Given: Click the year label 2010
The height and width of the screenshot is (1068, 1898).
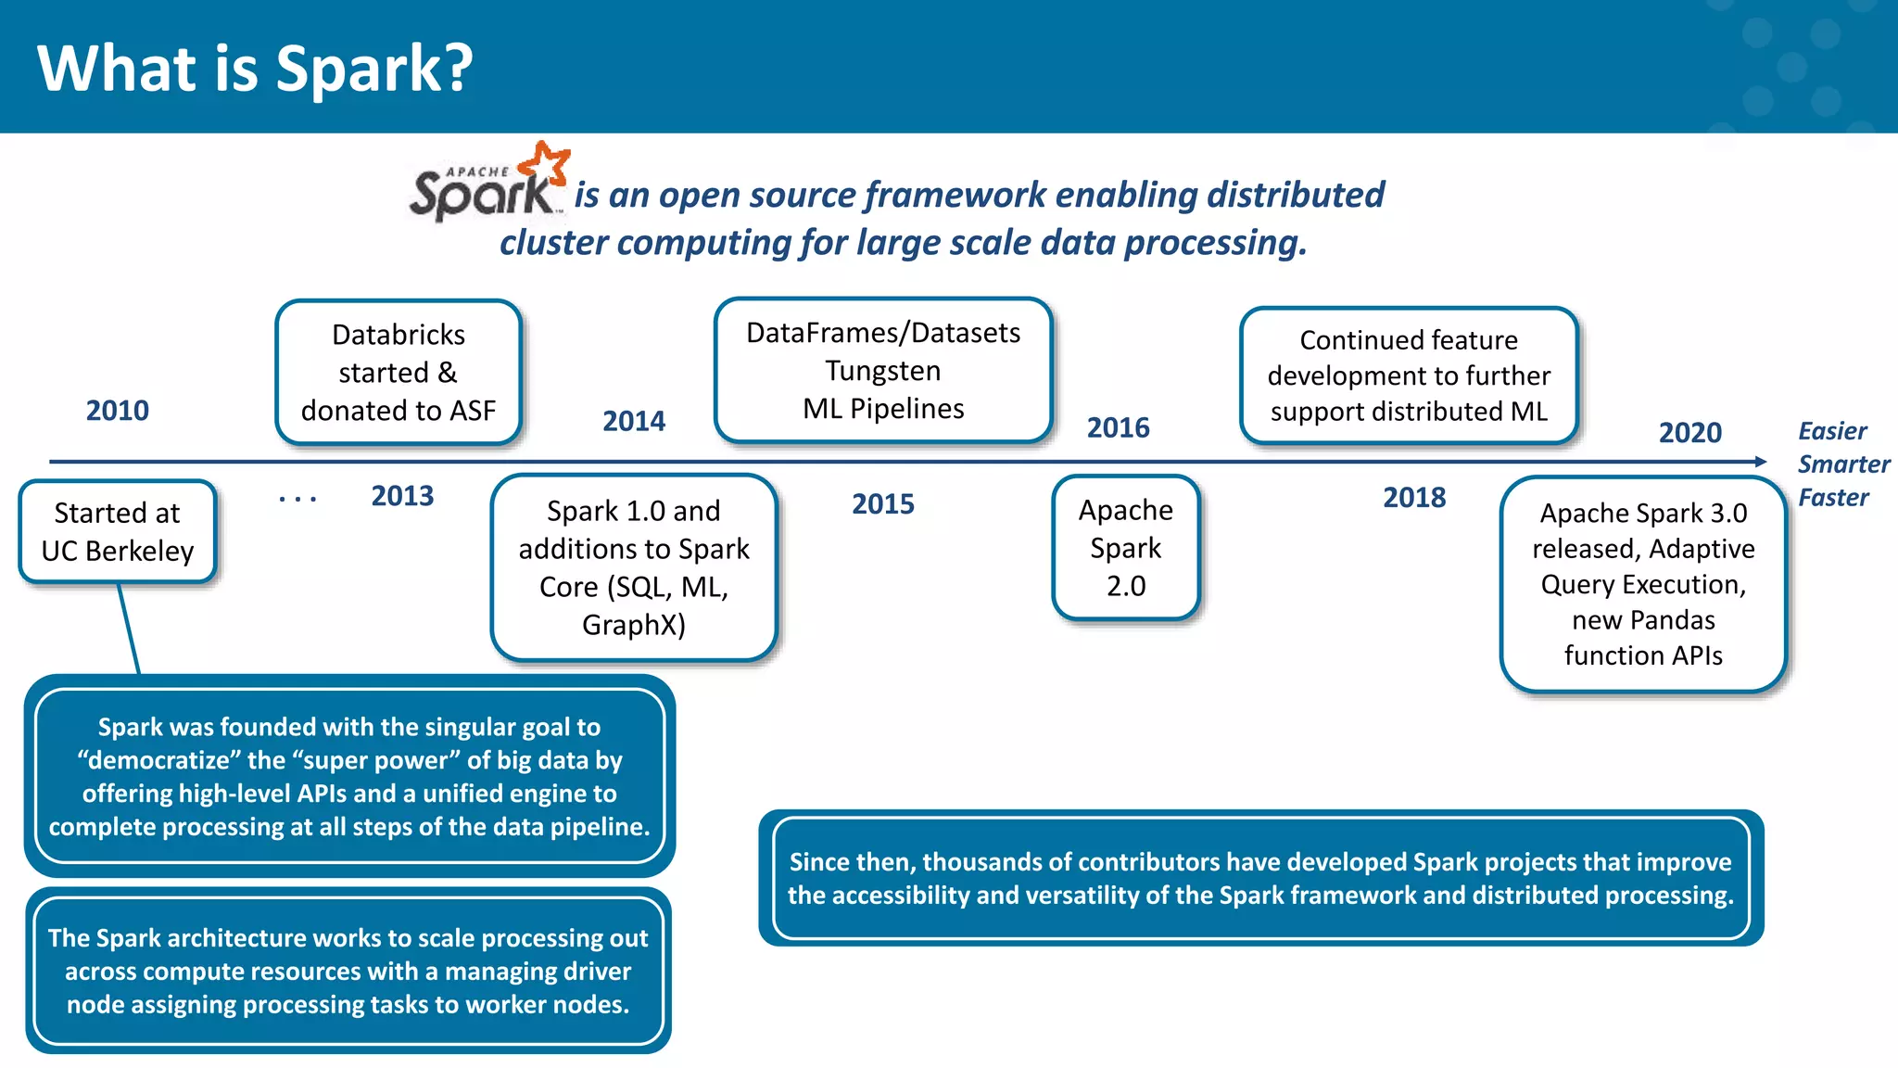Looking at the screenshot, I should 118,411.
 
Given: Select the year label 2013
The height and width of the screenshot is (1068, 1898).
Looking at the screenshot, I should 402,496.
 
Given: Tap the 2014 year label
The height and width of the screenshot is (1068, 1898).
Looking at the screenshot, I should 634,421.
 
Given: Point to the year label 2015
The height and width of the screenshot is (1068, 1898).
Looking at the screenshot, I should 882,504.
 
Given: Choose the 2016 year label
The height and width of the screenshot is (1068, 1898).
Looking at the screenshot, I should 1118,428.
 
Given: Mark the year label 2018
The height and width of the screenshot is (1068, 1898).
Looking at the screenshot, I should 1414,498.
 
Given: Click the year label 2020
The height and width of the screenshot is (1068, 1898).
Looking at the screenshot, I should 1689,433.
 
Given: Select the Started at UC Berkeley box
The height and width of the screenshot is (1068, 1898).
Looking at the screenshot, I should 118,532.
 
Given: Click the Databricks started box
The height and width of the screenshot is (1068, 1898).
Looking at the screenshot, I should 399,373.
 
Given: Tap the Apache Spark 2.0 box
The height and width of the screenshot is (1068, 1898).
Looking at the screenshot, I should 1126,548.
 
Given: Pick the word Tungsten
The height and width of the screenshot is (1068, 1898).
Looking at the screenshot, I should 883,371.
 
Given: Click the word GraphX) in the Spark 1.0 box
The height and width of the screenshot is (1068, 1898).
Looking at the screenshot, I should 634,625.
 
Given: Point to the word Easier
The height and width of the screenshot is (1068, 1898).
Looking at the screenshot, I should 1832,431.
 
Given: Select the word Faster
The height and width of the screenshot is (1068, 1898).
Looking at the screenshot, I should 1833,498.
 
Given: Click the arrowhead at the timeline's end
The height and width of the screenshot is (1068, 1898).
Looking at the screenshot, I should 1760,461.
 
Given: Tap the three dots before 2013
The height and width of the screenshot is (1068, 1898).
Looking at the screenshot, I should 297,500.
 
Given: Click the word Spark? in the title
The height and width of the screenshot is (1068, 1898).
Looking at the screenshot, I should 374,70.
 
